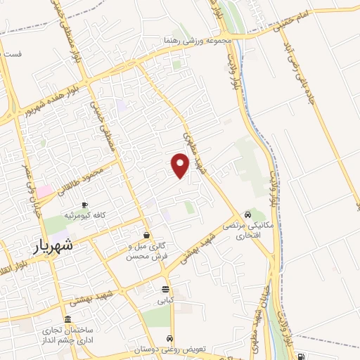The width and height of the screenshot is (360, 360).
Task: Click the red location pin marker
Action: pos(181,165)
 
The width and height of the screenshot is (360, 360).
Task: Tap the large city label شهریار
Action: pos(53,247)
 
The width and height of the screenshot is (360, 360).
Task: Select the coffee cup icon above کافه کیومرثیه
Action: pos(86,205)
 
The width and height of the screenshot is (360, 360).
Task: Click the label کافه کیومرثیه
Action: pos(86,215)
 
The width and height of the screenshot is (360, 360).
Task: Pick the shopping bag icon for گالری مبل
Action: pos(146,235)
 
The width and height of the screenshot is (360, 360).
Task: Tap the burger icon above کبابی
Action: pos(165,289)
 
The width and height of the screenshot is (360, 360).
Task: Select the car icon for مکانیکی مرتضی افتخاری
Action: pos(247,214)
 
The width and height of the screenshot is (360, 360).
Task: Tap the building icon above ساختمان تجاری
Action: pos(67,319)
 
